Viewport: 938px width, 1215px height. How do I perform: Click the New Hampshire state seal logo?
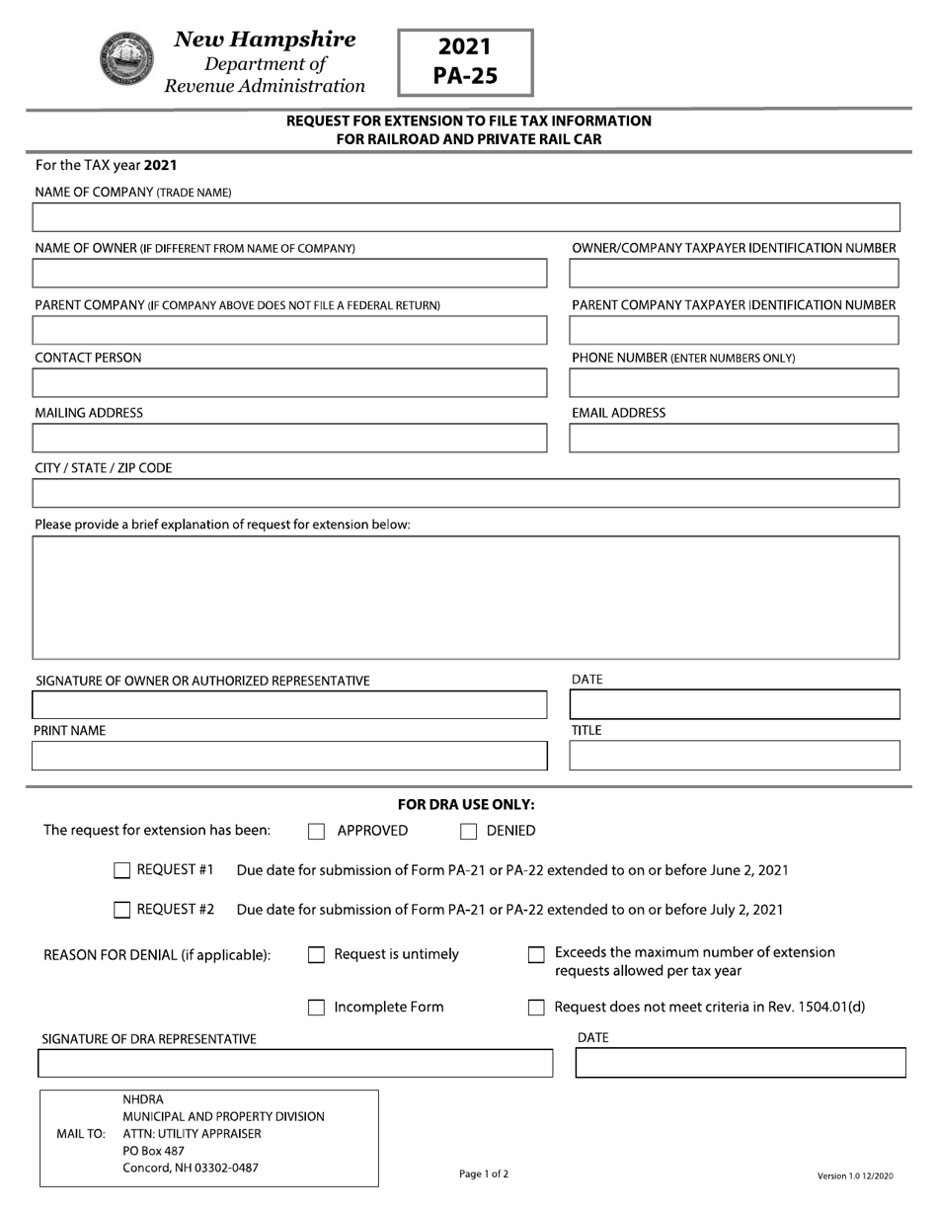tap(127, 59)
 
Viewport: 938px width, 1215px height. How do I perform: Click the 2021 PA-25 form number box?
tap(465, 62)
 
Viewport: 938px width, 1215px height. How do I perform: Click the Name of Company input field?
tap(466, 217)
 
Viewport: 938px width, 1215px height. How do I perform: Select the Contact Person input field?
tap(289, 383)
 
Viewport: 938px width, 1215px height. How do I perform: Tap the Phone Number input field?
tap(735, 383)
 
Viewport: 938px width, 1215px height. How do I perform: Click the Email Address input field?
tap(735, 439)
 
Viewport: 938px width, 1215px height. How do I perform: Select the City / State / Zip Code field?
tap(466, 493)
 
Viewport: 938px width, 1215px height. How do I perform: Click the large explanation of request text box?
tap(466, 598)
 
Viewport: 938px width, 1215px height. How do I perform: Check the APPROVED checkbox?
tap(316, 832)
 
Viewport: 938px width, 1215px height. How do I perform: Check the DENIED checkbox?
tap(469, 832)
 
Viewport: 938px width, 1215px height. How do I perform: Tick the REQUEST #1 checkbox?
tap(122, 870)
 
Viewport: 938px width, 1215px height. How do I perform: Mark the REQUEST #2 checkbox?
tap(122, 910)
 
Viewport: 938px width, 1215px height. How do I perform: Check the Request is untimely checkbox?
tap(316, 955)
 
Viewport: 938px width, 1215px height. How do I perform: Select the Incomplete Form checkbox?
tap(316, 1008)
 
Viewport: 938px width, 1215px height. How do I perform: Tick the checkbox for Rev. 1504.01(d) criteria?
tap(536, 1008)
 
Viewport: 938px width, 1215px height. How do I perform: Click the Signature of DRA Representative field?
tap(295, 1064)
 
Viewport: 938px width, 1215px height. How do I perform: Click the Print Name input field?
tap(289, 757)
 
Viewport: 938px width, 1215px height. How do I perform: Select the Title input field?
tap(735, 757)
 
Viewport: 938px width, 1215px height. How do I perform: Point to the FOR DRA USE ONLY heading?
tap(466, 805)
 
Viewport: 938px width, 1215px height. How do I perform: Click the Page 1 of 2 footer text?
tap(484, 1174)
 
